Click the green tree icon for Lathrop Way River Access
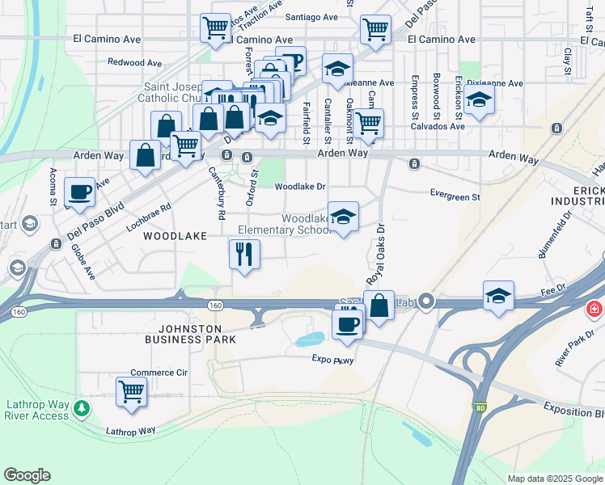81,408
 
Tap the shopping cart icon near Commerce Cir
131,392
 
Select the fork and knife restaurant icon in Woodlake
244,255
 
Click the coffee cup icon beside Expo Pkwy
348,324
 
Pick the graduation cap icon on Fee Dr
498,297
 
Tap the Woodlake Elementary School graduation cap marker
343,217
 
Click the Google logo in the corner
27,475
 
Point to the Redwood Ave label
135,62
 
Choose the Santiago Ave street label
311,16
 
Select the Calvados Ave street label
438,126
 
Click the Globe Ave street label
82,262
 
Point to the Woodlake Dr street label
300,186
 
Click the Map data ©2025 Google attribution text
555,479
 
